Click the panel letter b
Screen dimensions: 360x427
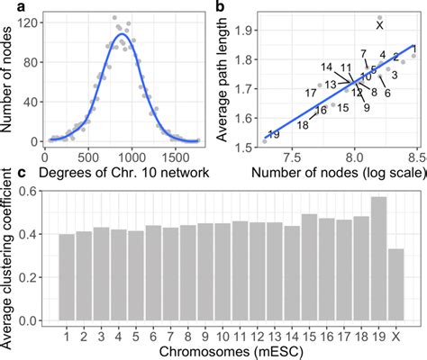222,6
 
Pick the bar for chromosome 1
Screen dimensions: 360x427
67,277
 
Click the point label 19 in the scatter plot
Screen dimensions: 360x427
274,135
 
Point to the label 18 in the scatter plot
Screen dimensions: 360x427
302,125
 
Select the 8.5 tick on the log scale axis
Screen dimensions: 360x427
413,153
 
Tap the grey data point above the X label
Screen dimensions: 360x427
379,17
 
